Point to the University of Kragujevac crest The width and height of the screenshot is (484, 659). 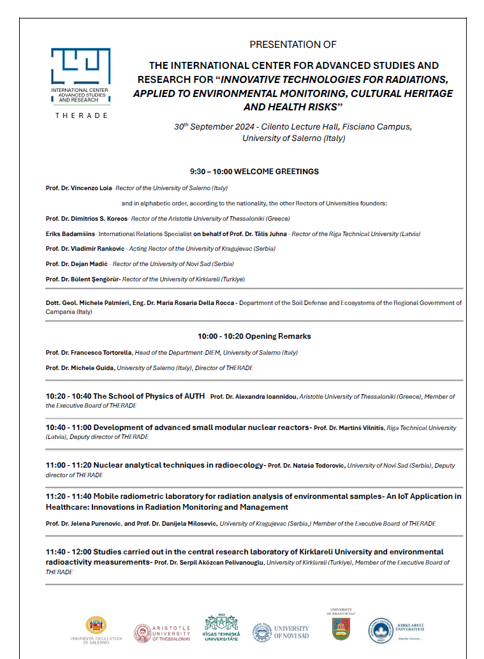coord(340,627)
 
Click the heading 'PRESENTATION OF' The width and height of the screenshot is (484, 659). coord(293,45)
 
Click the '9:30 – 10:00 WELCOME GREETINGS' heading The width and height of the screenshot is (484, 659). coord(254,172)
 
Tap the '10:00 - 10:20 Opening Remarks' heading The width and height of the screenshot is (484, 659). coord(254,336)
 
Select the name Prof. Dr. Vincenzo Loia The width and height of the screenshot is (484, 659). coord(74,188)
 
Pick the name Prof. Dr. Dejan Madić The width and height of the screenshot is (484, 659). coord(75,264)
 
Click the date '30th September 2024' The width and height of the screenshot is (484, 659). coord(209,126)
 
